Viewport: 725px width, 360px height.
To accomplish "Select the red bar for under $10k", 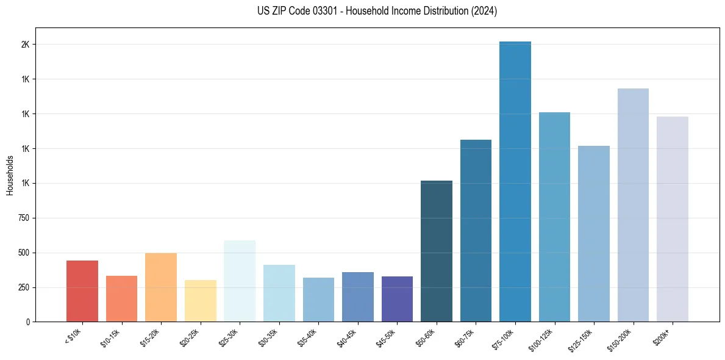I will tap(82, 291).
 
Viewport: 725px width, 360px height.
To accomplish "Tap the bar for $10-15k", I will tap(121, 299).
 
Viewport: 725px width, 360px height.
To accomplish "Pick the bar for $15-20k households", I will tap(161, 287).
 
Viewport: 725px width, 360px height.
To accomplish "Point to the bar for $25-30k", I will tap(240, 281).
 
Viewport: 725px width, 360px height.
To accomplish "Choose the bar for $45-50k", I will tap(397, 299).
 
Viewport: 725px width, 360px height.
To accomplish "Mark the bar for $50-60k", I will tap(437, 251).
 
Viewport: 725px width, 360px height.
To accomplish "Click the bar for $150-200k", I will tap(633, 205).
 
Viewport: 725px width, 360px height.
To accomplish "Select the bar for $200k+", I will tap(673, 219).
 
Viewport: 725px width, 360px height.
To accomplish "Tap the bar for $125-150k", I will tap(594, 234).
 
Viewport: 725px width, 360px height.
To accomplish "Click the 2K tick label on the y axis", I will tap(26, 45).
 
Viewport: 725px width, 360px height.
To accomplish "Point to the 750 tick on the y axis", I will tap(24, 218).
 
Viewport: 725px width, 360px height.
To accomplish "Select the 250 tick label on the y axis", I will tap(24, 287).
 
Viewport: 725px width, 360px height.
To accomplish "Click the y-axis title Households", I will tap(10, 175).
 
